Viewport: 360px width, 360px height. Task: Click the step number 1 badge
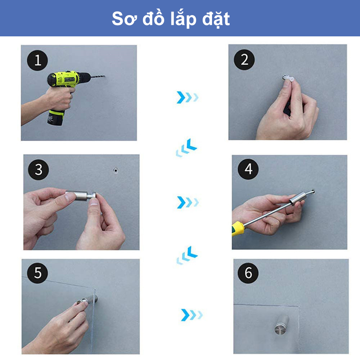coord(37,60)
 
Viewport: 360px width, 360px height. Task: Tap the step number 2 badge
coord(244,60)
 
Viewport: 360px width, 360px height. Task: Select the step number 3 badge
coord(39,170)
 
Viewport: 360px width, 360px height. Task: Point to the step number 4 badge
coord(248,169)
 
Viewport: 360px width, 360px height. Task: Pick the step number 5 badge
coord(37,273)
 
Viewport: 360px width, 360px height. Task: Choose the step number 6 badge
coord(248,273)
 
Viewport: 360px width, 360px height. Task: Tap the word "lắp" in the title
coord(183,19)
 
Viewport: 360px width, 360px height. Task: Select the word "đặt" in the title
coord(216,19)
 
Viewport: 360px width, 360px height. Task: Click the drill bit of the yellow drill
coord(98,76)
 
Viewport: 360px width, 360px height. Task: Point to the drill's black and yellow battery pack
coord(56,118)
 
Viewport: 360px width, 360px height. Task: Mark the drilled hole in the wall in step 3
coord(116,170)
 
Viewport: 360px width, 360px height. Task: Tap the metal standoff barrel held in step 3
coord(80,195)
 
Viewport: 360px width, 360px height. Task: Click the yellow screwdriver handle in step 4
coord(238,228)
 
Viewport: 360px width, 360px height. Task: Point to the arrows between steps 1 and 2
coord(187,97)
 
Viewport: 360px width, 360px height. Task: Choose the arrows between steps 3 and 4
coord(188,202)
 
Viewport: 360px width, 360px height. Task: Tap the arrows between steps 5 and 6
coord(192,315)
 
